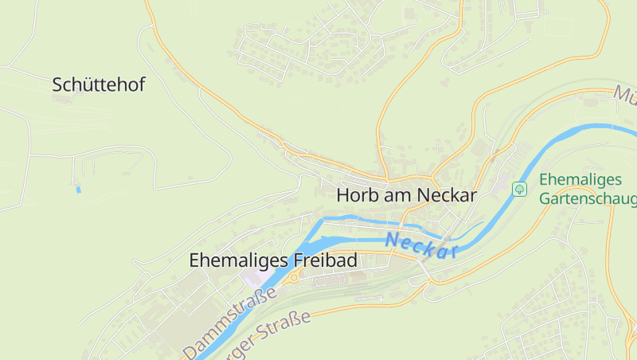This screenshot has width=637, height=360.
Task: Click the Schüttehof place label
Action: (x=99, y=85)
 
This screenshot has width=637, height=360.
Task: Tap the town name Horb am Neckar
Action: (x=406, y=195)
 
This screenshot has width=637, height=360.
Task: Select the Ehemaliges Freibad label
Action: (x=273, y=260)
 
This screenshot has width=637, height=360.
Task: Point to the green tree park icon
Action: (x=520, y=189)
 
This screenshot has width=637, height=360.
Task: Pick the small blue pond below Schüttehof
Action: (x=77, y=189)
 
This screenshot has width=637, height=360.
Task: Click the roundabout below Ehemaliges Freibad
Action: (x=293, y=278)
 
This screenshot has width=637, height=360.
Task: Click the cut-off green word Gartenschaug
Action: (x=588, y=199)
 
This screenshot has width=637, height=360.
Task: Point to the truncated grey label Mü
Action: (x=625, y=94)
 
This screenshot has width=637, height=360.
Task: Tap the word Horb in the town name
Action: (x=355, y=195)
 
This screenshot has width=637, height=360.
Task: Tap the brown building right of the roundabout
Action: (x=326, y=280)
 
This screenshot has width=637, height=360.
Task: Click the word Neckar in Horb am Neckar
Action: (x=448, y=195)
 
